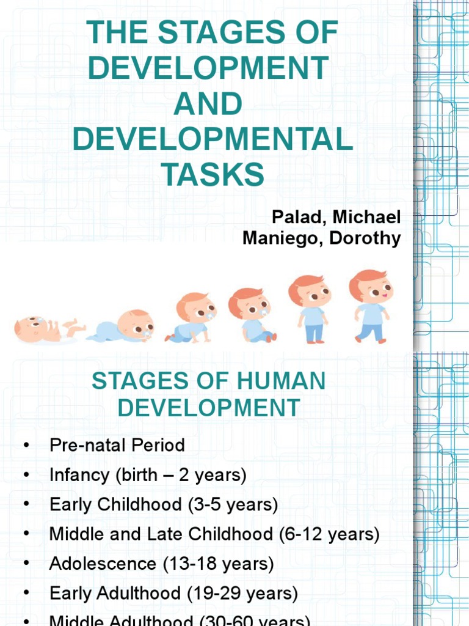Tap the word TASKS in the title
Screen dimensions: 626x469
213,175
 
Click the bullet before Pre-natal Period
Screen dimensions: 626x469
26,446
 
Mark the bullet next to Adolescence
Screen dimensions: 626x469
26,564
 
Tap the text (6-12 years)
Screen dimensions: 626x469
329,534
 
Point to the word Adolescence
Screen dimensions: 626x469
103,564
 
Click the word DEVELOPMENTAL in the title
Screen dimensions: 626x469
213,139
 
